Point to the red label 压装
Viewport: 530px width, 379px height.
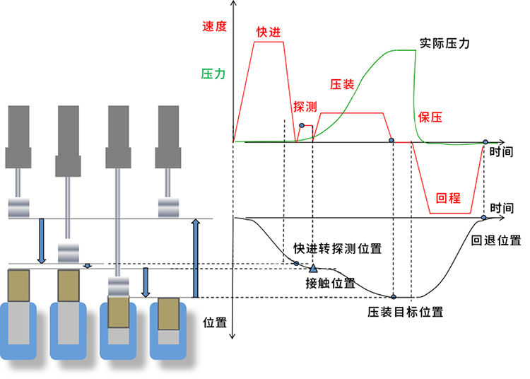pos(342,83)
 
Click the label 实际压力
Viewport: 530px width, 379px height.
pos(444,42)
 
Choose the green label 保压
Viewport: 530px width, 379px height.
pos(430,118)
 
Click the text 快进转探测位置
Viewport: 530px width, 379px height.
pos(338,249)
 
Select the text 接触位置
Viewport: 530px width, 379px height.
pos(330,284)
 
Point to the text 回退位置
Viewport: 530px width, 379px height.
pos(497,240)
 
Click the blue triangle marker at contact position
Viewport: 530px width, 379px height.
pos(313,268)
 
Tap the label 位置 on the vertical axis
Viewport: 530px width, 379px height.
pos(214,322)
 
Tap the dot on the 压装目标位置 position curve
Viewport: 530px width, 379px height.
pos(394,296)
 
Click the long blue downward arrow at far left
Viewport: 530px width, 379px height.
pos(41,240)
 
